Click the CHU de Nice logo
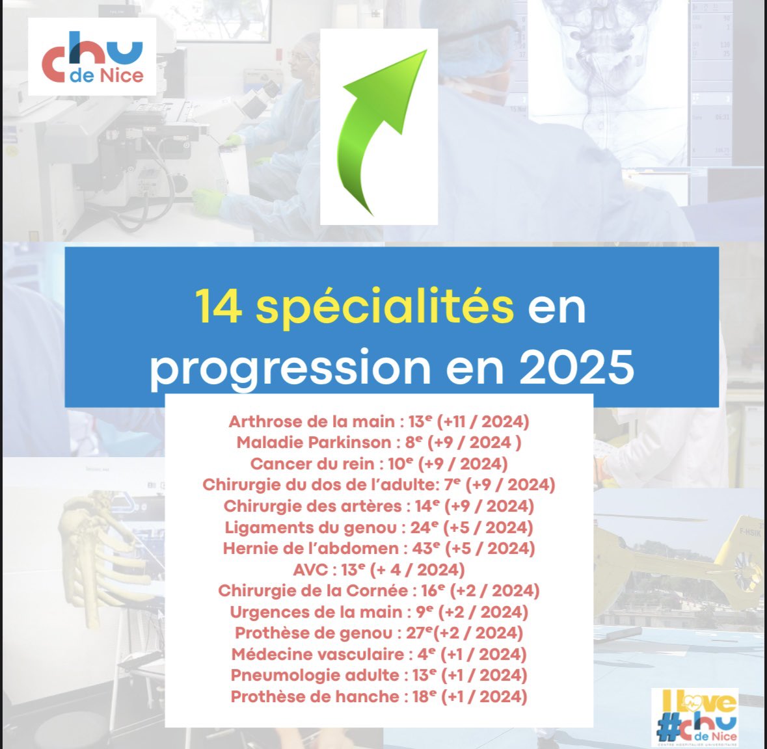coord(92,57)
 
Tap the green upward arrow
coord(379,127)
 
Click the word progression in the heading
coord(290,367)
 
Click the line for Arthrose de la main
coord(379,421)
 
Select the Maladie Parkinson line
coord(379,443)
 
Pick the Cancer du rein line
coord(379,464)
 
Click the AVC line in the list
coord(379,570)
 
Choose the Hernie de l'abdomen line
coord(379,548)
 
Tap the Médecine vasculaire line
coord(379,654)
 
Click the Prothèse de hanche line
coord(379,696)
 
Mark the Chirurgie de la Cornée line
coord(379,590)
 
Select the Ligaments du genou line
coord(379,527)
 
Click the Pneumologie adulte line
coord(379,675)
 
